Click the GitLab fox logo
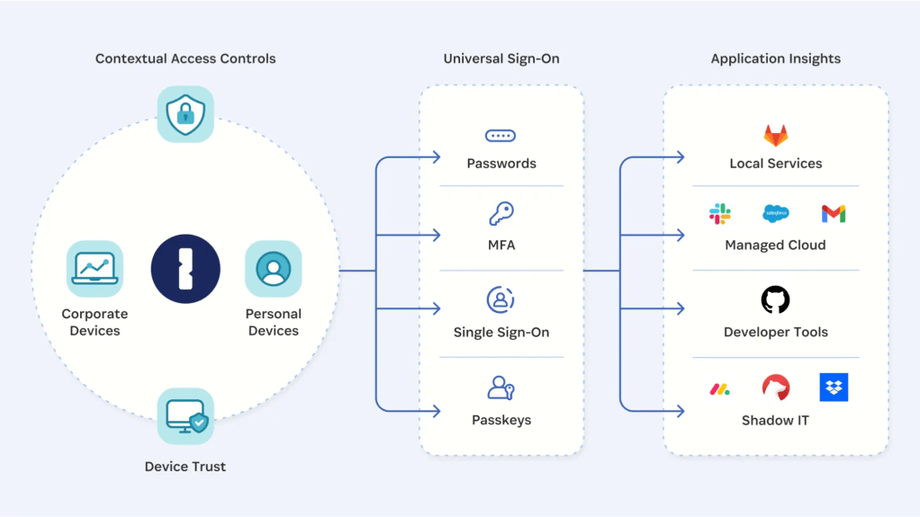775,136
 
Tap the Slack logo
719,214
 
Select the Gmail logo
833,214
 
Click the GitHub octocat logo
775,299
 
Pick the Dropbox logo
834,388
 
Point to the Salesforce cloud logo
775,214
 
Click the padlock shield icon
185,114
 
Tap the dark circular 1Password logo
185,268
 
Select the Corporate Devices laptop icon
95,268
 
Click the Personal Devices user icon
273,268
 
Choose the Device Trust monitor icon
185,416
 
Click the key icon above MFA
501,215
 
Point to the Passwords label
501,164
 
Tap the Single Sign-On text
501,332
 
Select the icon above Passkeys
501,388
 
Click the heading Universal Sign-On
501,58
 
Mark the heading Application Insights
775,58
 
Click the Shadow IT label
775,420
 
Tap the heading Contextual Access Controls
185,58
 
